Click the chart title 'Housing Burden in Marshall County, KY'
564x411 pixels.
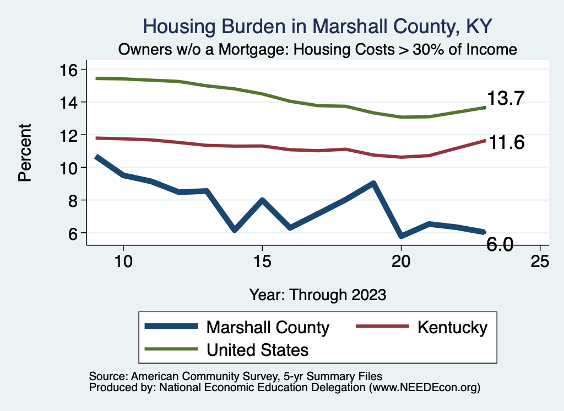(x=317, y=25)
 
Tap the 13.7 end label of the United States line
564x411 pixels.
(x=505, y=99)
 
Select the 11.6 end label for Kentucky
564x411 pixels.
(x=506, y=142)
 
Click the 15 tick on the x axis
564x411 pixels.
(x=262, y=262)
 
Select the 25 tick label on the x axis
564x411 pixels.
(x=540, y=262)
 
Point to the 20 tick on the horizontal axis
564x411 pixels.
(x=401, y=262)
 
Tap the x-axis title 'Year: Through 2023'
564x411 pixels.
(x=317, y=294)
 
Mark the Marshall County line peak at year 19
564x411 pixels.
(x=373, y=183)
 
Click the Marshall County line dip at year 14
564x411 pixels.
(x=235, y=229)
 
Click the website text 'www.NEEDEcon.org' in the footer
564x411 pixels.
(x=424, y=388)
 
